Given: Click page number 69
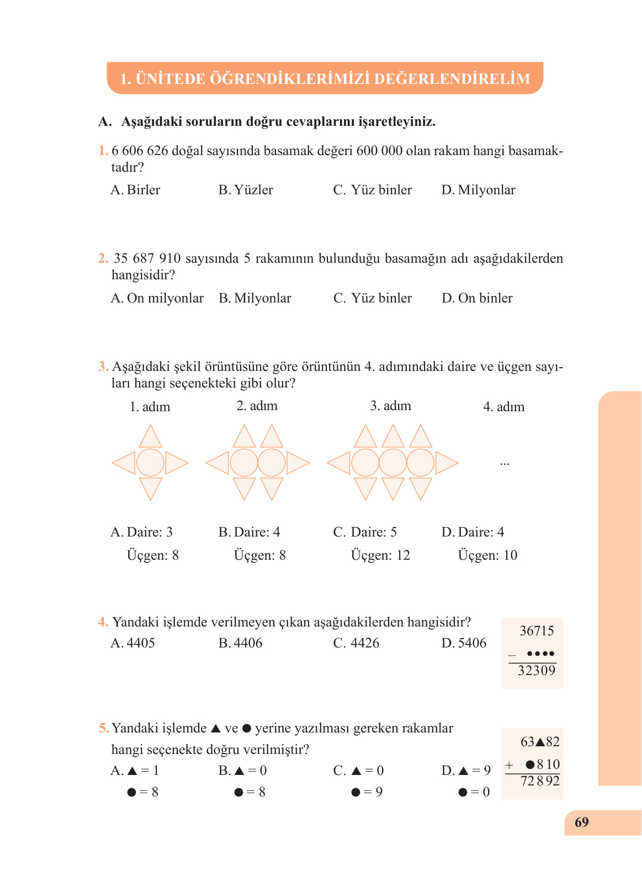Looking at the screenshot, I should click(x=581, y=822).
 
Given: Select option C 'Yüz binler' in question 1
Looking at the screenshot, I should click(x=373, y=190).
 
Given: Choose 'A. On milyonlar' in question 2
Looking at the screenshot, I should click(x=157, y=298).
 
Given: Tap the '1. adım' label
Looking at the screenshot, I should click(x=150, y=407).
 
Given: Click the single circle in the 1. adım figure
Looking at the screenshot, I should click(x=150, y=463).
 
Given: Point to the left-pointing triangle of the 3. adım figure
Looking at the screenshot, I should click(x=338, y=463).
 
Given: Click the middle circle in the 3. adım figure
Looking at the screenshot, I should click(x=393, y=463).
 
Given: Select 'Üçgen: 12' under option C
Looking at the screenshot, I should click(x=380, y=555).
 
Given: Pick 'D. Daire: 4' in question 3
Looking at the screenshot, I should click(x=473, y=532).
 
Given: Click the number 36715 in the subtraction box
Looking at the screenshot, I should click(x=537, y=631).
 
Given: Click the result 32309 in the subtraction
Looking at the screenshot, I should click(x=537, y=671).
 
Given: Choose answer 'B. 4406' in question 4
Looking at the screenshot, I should click(x=241, y=643).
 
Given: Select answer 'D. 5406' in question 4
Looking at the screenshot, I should click(x=464, y=643).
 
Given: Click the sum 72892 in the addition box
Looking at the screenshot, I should click(x=540, y=781).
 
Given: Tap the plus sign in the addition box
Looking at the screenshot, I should click(x=509, y=765).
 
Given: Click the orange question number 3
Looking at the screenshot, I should click(x=103, y=367).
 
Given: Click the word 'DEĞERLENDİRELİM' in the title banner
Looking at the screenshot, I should click(x=452, y=78).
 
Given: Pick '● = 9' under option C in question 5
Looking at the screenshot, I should click(x=367, y=792).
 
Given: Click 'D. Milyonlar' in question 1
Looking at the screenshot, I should click(x=479, y=190).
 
